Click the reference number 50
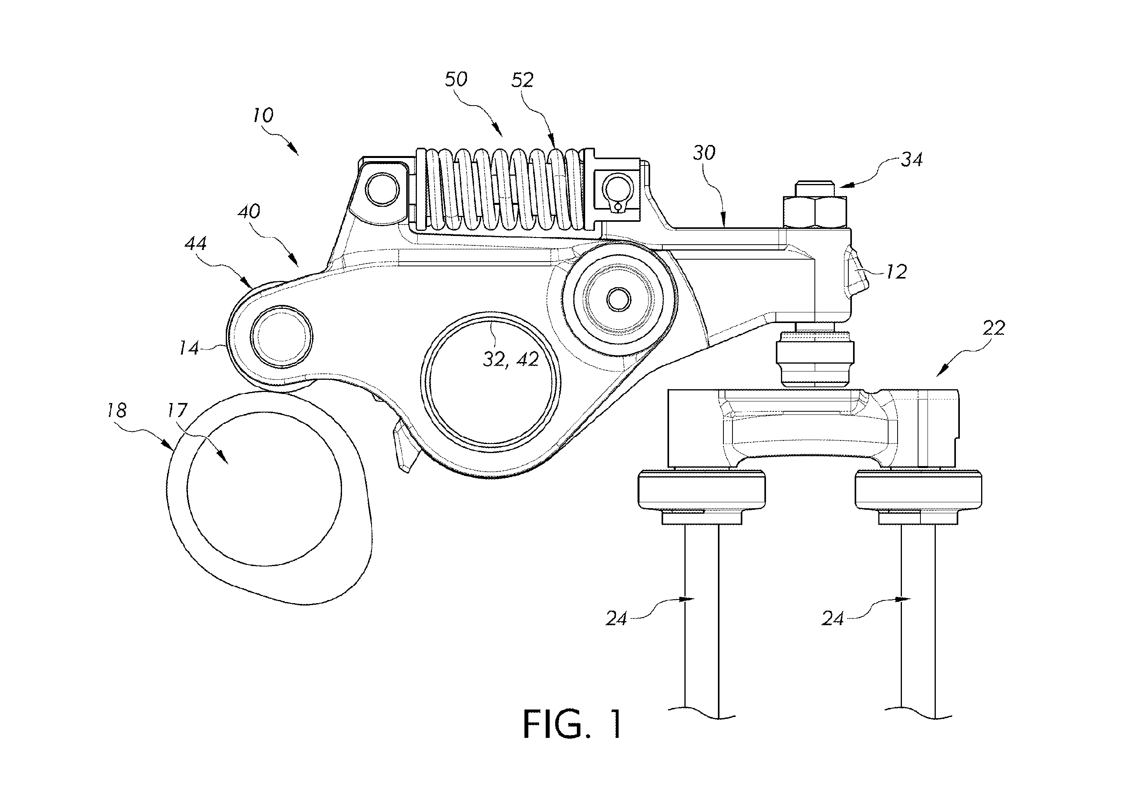click(x=456, y=80)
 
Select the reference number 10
click(x=263, y=115)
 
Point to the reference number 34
click(x=911, y=160)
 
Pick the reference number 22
click(x=994, y=328)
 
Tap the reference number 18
click(x=117, y=411)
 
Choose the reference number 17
click(x=177, y=411)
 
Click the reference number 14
click(x=190, y=348)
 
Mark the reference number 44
click(x=195, y=243)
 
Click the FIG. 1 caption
click(x=573, y=724)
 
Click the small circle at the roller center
click(x=619, y=299)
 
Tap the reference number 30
click(x=704, y=153)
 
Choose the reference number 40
click(x=249, y=212)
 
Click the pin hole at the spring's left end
click(x=382, y=189)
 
